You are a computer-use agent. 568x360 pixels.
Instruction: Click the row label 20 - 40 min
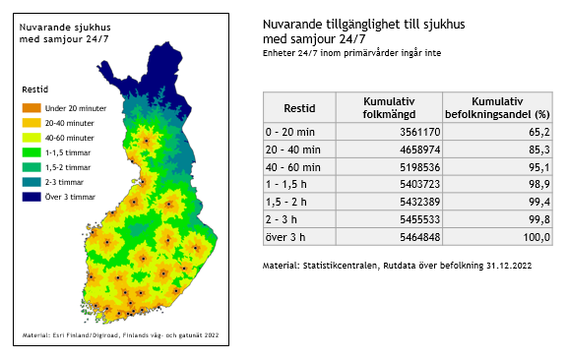pos(293,148)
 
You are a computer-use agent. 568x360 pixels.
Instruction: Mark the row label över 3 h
pos(286,238)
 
